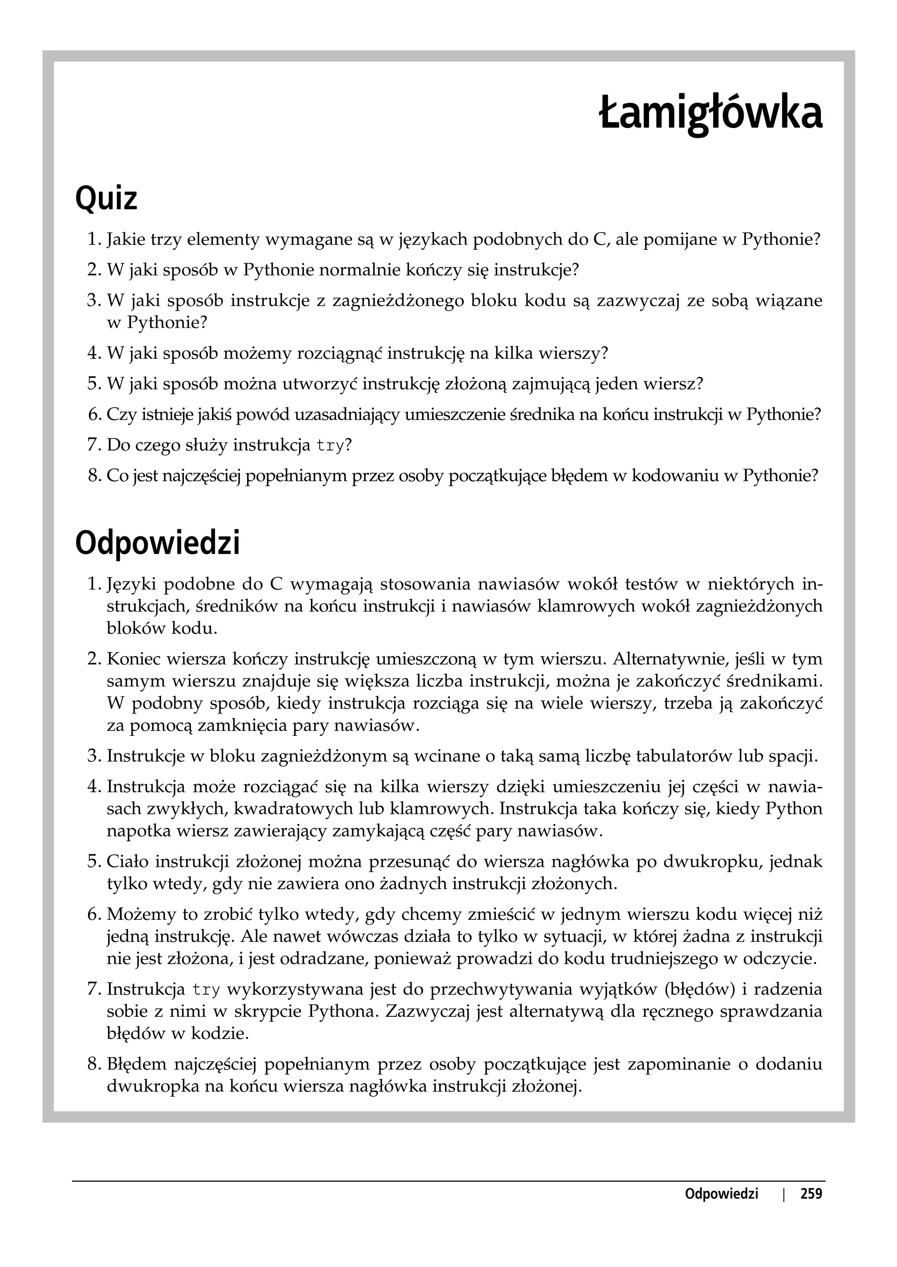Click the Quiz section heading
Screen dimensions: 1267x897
pos(106,199)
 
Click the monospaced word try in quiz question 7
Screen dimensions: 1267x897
pos(330,445)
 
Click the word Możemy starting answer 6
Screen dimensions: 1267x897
pos(140,915)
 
